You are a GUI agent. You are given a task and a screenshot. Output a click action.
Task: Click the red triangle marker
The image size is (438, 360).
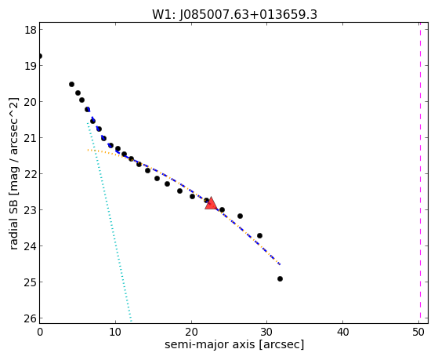point(211,203)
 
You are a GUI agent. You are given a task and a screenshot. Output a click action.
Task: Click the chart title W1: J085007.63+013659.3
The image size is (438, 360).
point(234,15)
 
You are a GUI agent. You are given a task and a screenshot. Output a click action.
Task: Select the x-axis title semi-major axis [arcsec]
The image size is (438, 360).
point(234,344)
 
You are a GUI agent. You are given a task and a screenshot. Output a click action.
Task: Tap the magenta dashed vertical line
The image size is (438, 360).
point(420,173)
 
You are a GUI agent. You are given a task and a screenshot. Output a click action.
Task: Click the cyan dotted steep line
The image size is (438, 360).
point(109,222)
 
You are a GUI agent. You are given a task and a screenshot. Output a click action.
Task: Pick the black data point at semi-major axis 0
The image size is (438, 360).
point(40,56)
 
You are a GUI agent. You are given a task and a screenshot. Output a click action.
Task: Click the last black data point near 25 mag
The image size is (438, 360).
point(280,278)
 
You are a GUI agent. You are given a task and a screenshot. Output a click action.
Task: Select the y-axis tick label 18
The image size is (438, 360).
point(31,30)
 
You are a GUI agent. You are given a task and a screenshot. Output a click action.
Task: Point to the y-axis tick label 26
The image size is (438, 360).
point(31,318)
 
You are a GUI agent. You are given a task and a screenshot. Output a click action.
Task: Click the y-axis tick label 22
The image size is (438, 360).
point(31,173)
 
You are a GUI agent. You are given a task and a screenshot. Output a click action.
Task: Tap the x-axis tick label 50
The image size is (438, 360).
point(418,332)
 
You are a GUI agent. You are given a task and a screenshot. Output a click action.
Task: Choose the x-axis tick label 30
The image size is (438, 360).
point(266,332)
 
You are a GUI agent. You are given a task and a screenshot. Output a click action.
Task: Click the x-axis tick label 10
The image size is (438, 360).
point(115,332)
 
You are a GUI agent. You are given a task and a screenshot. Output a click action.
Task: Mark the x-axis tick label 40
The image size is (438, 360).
point(342,332)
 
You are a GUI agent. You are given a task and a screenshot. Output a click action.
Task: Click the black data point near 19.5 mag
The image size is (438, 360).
point(71,84)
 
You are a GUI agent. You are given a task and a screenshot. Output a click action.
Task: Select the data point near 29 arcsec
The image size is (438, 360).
point(259,235)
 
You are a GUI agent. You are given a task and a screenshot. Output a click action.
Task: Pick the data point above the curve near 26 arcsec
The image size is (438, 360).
point(240,216)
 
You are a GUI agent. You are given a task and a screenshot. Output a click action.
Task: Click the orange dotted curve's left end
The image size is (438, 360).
point(88,150)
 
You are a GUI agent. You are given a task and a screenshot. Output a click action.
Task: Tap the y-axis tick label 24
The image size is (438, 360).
point(31,245)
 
